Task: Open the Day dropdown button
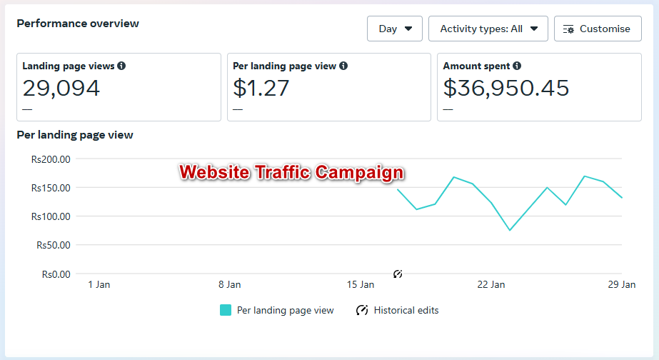(395, 29)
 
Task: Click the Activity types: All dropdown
(488, 29)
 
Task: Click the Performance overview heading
(78, 24)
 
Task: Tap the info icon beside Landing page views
(121, 66)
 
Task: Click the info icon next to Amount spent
(517, 66)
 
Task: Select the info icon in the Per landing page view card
(343, 66)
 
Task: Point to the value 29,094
(61, 88)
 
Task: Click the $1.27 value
(261, 88)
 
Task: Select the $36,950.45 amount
(506, 88)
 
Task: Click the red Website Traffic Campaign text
(291, 172)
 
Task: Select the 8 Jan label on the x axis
(229, 284)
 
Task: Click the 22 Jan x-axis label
(491, 284)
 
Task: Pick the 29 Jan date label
(622, 284)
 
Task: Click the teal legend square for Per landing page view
(226, 310)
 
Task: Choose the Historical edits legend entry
(398, 310)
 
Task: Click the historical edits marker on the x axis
(398, 274)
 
